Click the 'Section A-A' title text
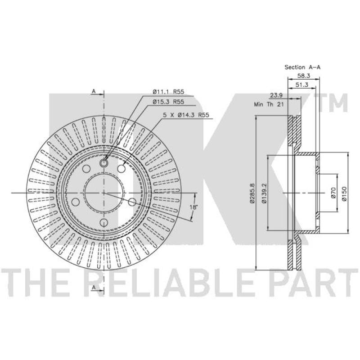pos(302,67)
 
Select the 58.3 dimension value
pos(304,76)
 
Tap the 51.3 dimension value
pos(302,85)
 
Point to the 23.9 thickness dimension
pos(276,95)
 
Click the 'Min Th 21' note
pos(269,104)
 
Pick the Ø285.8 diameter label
pos(252,193)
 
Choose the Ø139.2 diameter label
pos(264,193)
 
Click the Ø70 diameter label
pos(333,193)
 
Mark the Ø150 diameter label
pos(344,193)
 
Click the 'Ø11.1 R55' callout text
pos(168,92)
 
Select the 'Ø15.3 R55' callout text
pos(168,102)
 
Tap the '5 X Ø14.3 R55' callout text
pos(186,115)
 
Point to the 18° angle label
pos(193,207)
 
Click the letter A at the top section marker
pos(94,91)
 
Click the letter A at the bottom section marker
pos(94,287)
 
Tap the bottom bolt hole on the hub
pos(104,222)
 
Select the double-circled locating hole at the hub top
pos(104,163)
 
